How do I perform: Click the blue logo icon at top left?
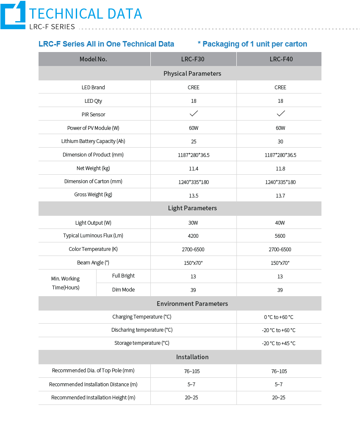(13, 15)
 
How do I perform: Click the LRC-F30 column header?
(193, 59)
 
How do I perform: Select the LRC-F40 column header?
(281, 59)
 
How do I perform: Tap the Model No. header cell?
(93, 59)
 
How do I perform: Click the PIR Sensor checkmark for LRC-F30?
(194, 114)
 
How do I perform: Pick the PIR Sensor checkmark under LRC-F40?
(280, 114)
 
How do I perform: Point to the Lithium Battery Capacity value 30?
(280, 141)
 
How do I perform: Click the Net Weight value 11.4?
(194, 168)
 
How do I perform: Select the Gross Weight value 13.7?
(280, 195)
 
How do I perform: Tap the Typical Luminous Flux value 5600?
(280, 236)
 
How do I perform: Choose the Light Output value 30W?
(194, 223)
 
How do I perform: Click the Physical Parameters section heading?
(192, 74)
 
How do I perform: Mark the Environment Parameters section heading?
(192, 304)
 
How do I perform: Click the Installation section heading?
(192, 357)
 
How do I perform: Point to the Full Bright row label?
(123, 276)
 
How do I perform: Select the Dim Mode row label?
(123, 290)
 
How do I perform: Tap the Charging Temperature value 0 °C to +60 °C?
(278, 317)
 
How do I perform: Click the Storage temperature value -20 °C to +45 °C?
(278, 344)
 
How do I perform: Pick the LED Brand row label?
(93, 88)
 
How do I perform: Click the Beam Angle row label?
(93, 263)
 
